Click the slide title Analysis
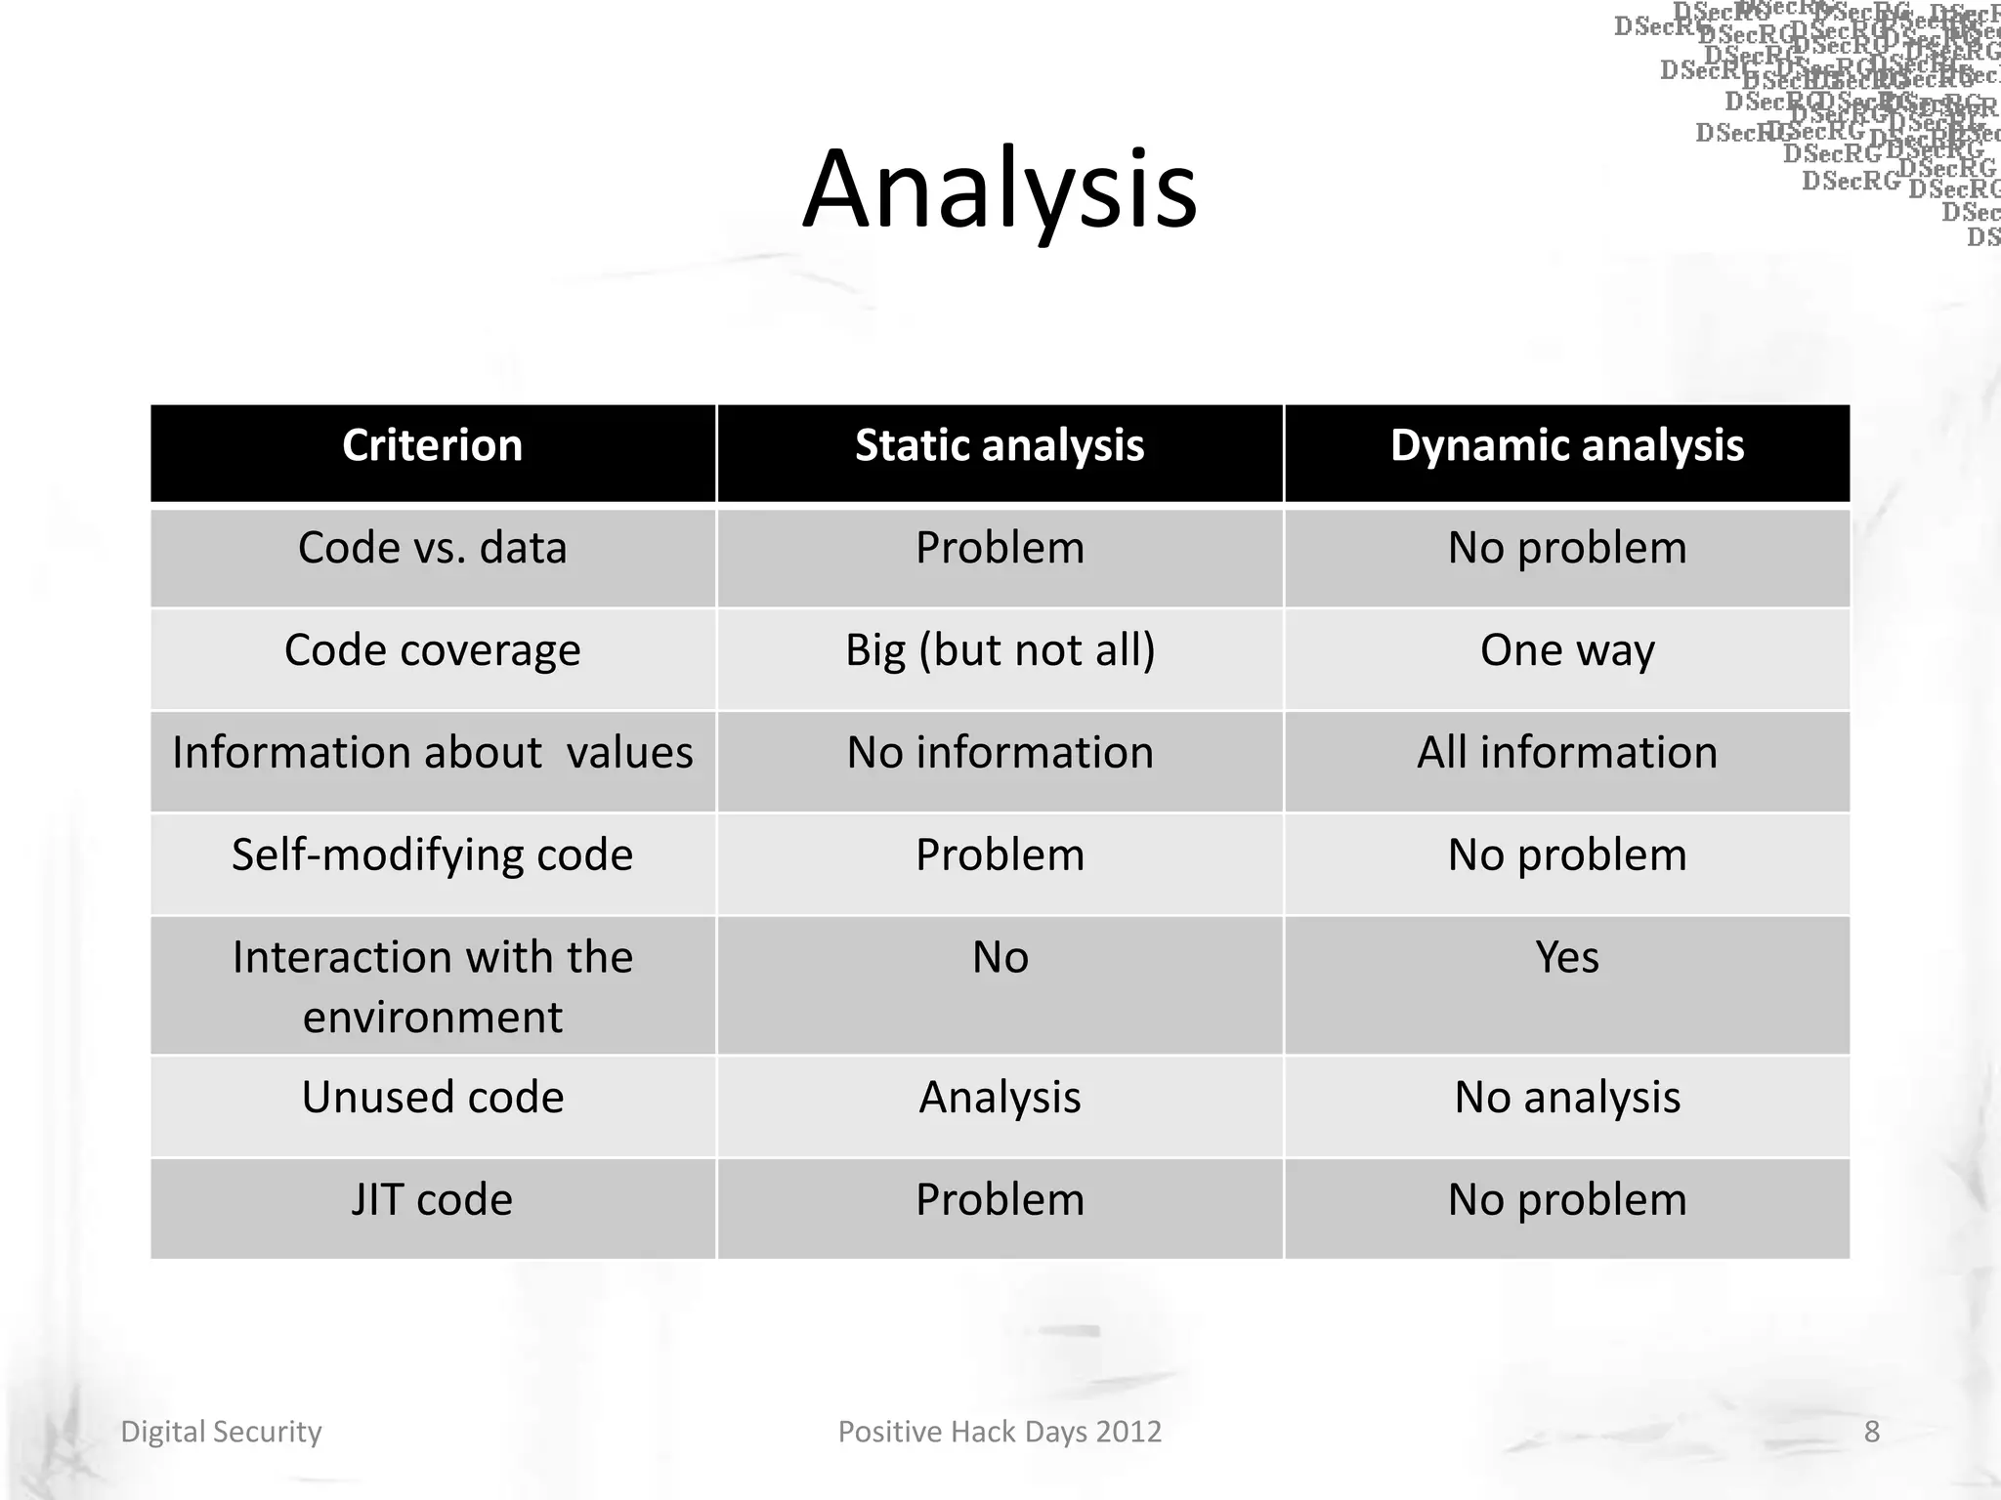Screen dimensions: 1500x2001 1000,189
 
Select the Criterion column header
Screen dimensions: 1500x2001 432,446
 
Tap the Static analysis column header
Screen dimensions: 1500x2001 1000,446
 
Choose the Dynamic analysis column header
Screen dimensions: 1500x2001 1566,446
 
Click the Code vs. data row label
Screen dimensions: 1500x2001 432,548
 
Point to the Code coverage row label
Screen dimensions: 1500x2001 432,650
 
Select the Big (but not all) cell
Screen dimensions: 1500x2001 1000,650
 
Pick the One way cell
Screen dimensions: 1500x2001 1566,650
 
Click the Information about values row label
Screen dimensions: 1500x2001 432,753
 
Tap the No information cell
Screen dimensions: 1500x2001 1000,753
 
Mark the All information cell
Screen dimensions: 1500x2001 1566,753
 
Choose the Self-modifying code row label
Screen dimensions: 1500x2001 432,855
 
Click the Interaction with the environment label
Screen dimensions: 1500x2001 432,986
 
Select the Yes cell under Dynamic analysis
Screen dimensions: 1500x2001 1566,957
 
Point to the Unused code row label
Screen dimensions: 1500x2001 432,1098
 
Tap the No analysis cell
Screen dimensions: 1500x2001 1566,1098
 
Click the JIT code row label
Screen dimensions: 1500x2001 432,1200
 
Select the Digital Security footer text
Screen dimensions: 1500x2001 221,1432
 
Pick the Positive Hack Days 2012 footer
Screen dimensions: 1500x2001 1000,1432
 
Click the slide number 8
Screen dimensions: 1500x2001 1871,1432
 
